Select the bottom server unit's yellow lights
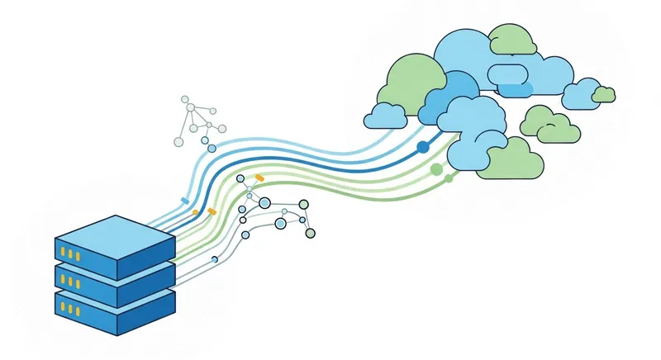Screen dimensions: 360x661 (72, 310)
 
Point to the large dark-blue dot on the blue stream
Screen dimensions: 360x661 (423, 147)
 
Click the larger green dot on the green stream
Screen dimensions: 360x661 (436, 169)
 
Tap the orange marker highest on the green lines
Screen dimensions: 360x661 (259, 177)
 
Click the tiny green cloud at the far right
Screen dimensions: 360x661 (604, 93)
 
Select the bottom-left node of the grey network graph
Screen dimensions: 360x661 (178, 141)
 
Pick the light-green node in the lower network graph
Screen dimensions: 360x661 (303, 205)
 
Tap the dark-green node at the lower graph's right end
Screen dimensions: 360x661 (311, 233)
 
